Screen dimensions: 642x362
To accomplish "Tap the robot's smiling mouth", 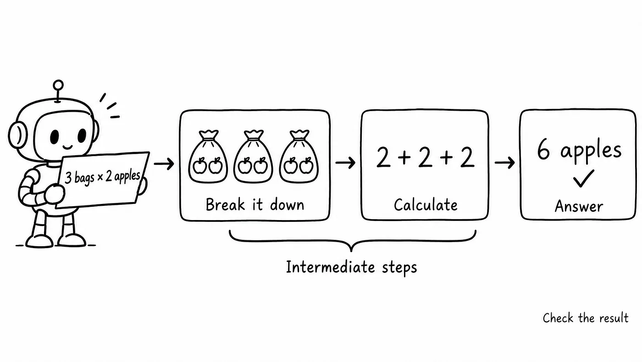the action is coord(68,147).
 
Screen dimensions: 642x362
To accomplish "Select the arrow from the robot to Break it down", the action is coord(164,164).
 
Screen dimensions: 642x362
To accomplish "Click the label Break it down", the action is coord(255,205).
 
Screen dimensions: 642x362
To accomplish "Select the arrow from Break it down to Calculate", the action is coord(345,163).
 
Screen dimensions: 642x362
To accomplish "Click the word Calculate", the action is coord(426,205).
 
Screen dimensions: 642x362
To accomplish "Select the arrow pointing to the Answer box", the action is coord(505,163).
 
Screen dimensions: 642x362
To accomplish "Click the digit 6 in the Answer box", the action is coord(543,149).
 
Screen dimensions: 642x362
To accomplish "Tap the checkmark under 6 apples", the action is coord(583,179).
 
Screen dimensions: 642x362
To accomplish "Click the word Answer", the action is coord(579,206).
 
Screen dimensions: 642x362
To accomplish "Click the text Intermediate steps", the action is coord(351,267).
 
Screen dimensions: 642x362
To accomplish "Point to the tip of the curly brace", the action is coord(351,252).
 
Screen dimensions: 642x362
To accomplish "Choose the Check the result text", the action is coord(586,318).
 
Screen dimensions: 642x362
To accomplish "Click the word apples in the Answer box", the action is coord(591,152).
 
